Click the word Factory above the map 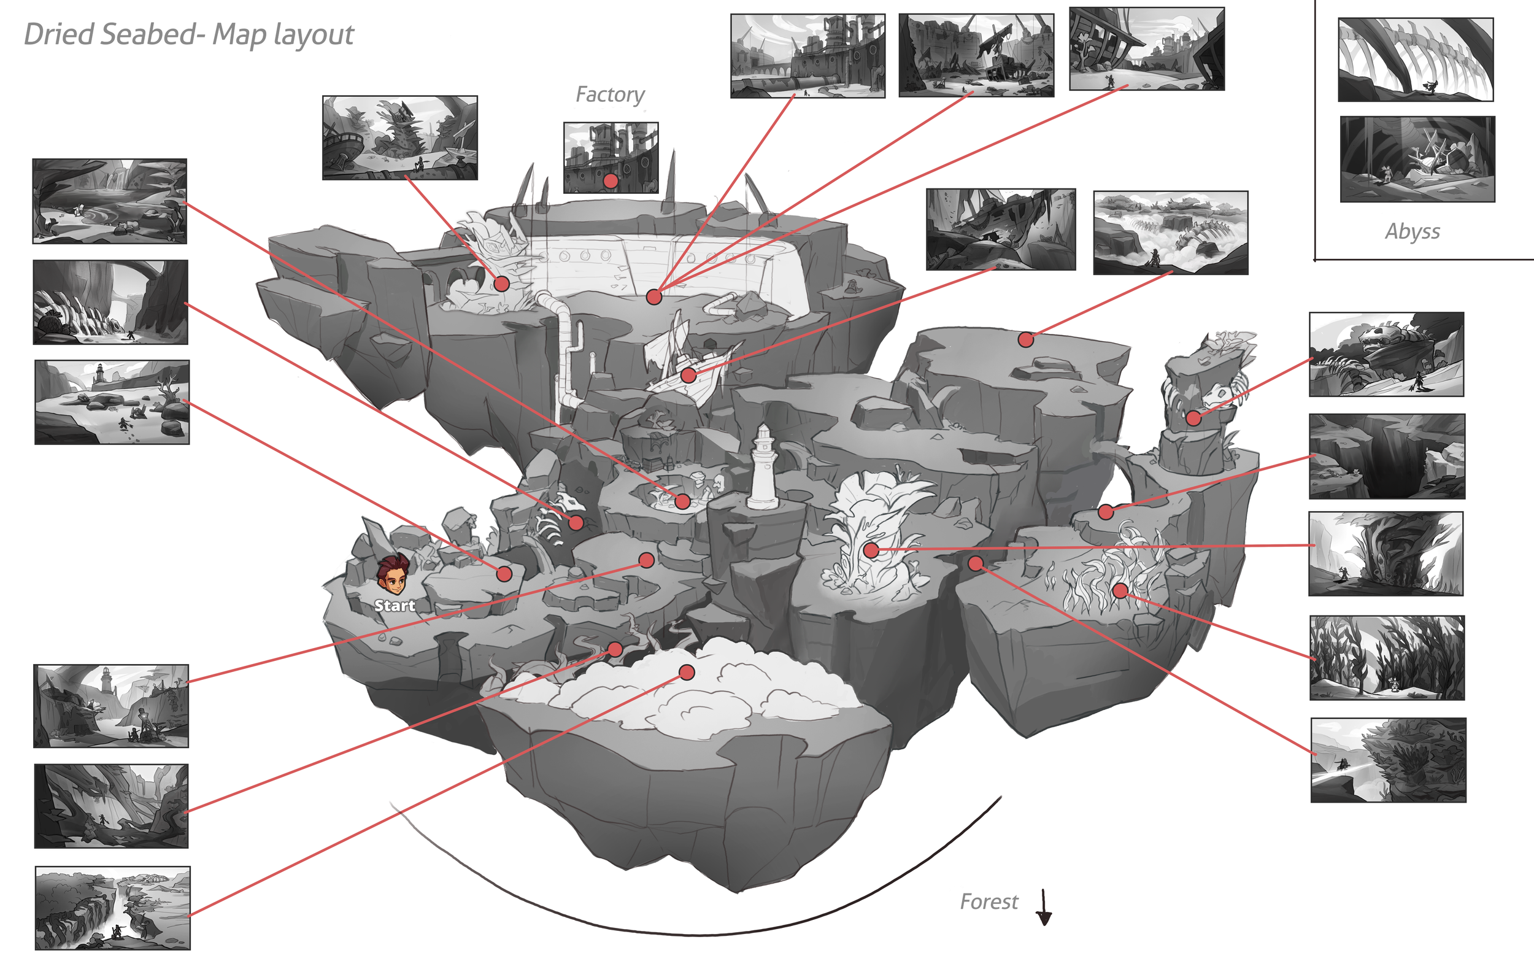coord(610,95)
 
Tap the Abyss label coord(1413,231)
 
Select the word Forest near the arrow coord(989,901)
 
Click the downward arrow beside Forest coord(1044,908)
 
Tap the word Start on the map coord(395,605)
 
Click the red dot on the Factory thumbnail coord(611,181)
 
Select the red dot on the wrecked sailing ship coord(688,375)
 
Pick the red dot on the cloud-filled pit coord(687,672)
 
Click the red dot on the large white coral coord(871,550)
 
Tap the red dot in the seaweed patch coord(1120,590)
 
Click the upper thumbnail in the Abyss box coord(1416,60)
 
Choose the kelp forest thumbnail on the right coord(1387,657)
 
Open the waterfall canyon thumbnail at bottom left coord(112,908)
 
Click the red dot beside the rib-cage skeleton coord(576,523)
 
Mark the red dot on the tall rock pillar coord(1193,419)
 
